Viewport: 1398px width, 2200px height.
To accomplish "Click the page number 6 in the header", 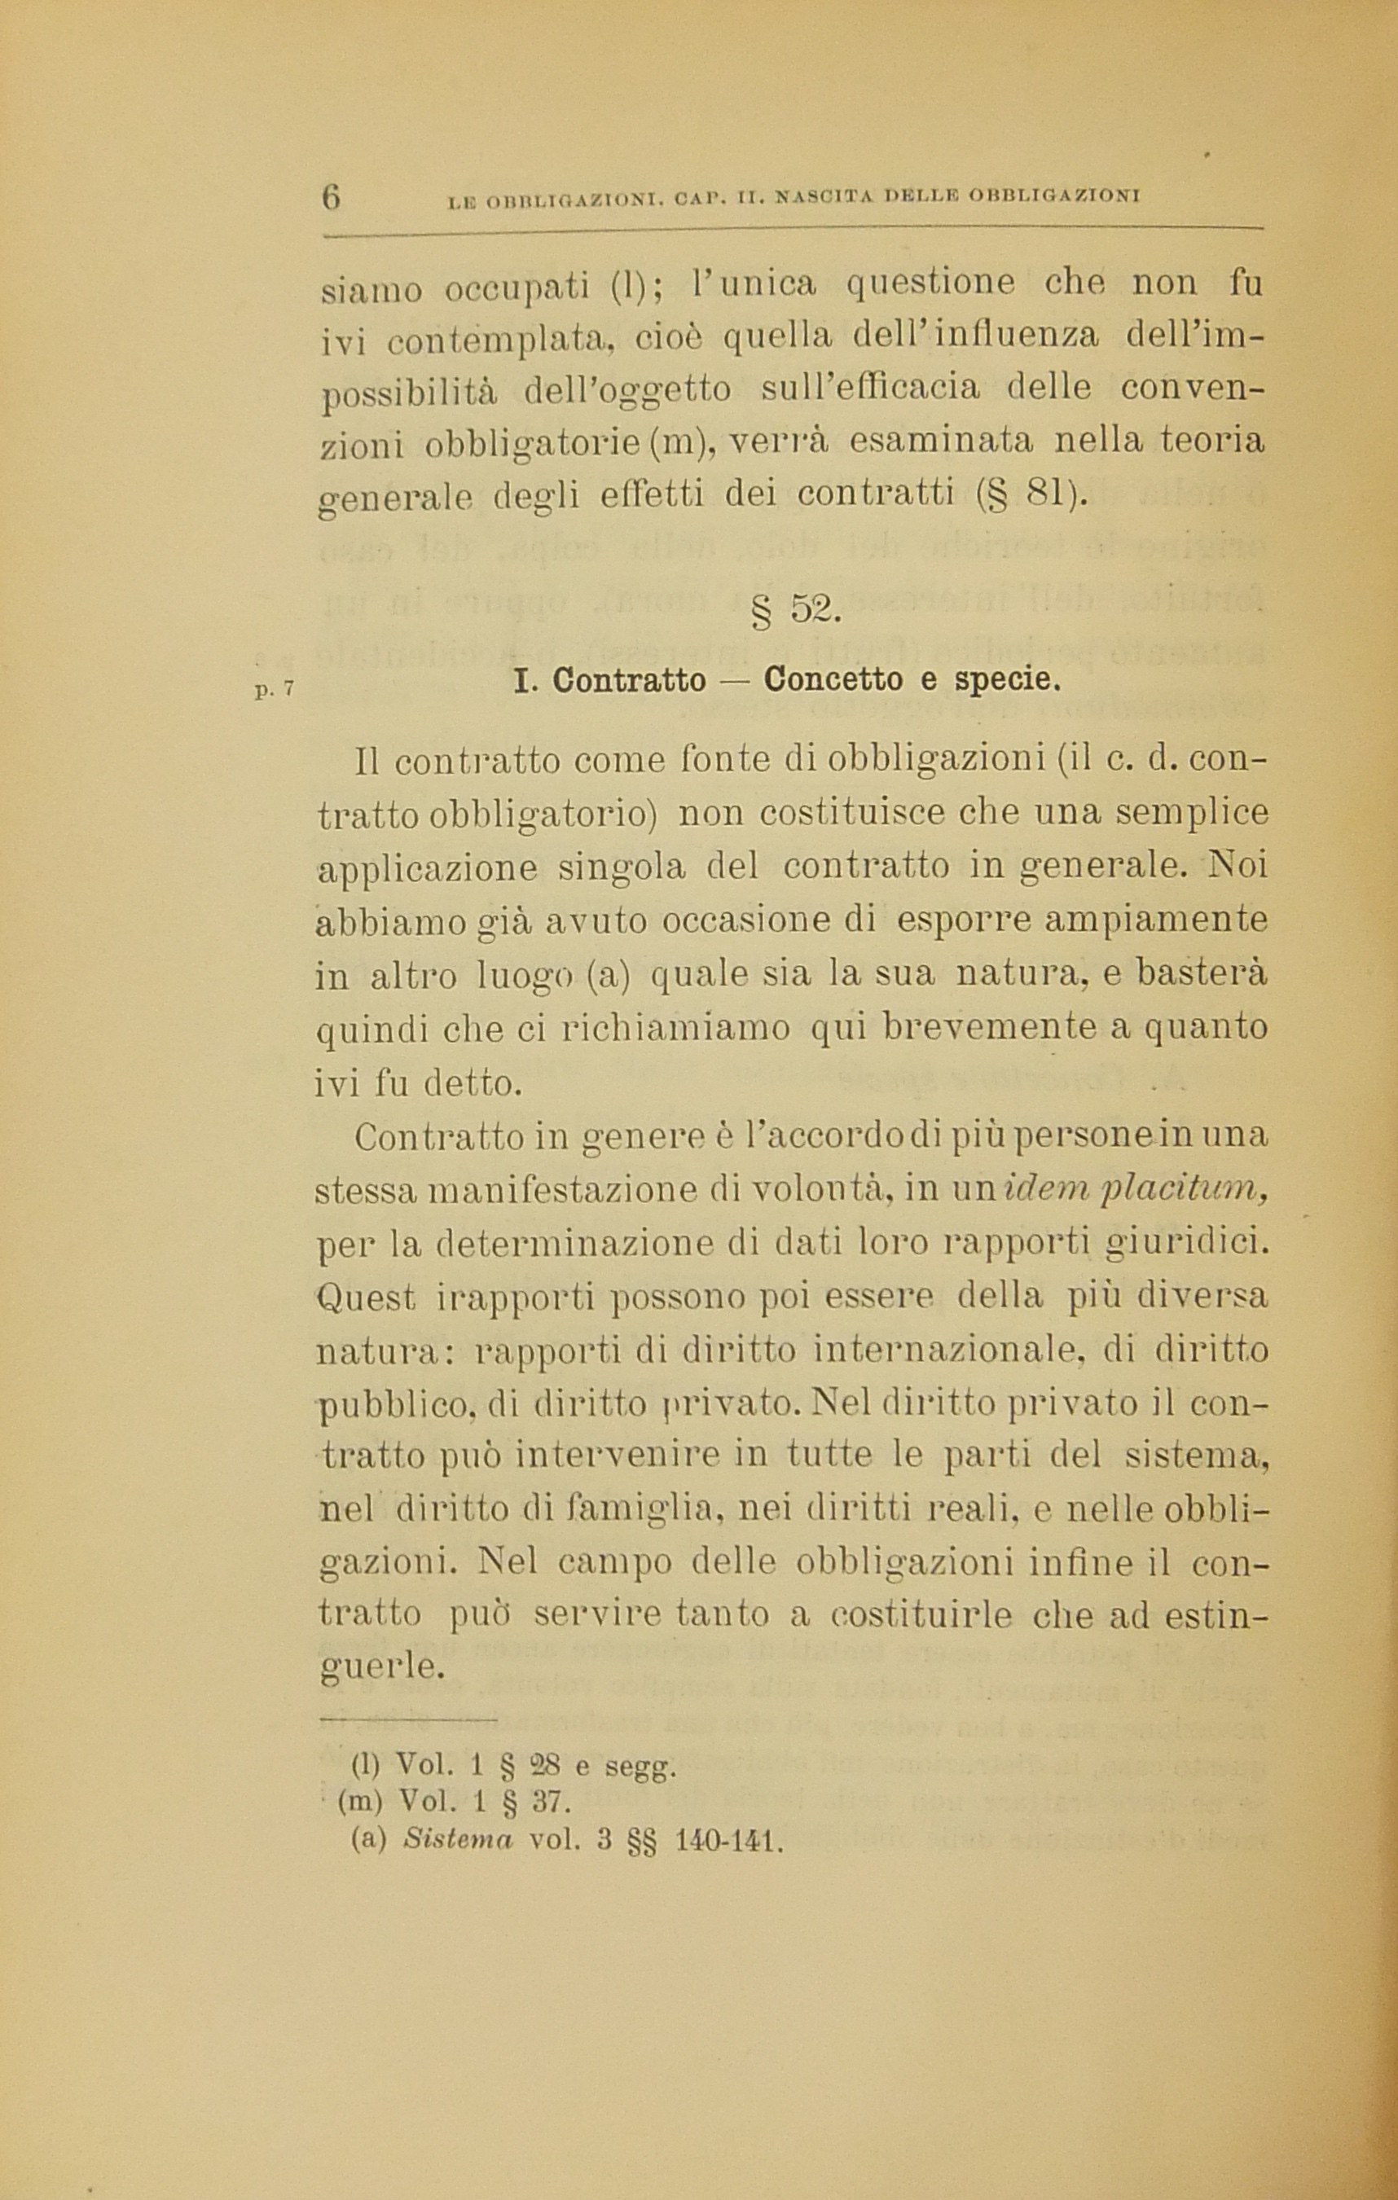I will coord(331,196).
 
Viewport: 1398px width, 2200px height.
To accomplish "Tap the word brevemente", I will coord(990,1028).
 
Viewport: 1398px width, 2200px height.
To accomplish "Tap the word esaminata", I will coord(941,441).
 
